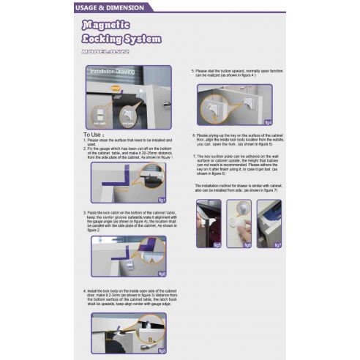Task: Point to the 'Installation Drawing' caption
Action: (x=111, y=73)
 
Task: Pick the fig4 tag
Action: (x=268, y=121)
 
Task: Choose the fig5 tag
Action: (x=217, y=244)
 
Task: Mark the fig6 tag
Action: (x=247, y=244)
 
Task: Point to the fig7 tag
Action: (x=278, y=244)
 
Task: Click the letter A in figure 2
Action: (x=151, y=259)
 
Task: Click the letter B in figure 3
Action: (x=149, y=339)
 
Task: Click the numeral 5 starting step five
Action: (x=193, y=70)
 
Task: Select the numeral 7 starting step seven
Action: (x=195, y=157)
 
